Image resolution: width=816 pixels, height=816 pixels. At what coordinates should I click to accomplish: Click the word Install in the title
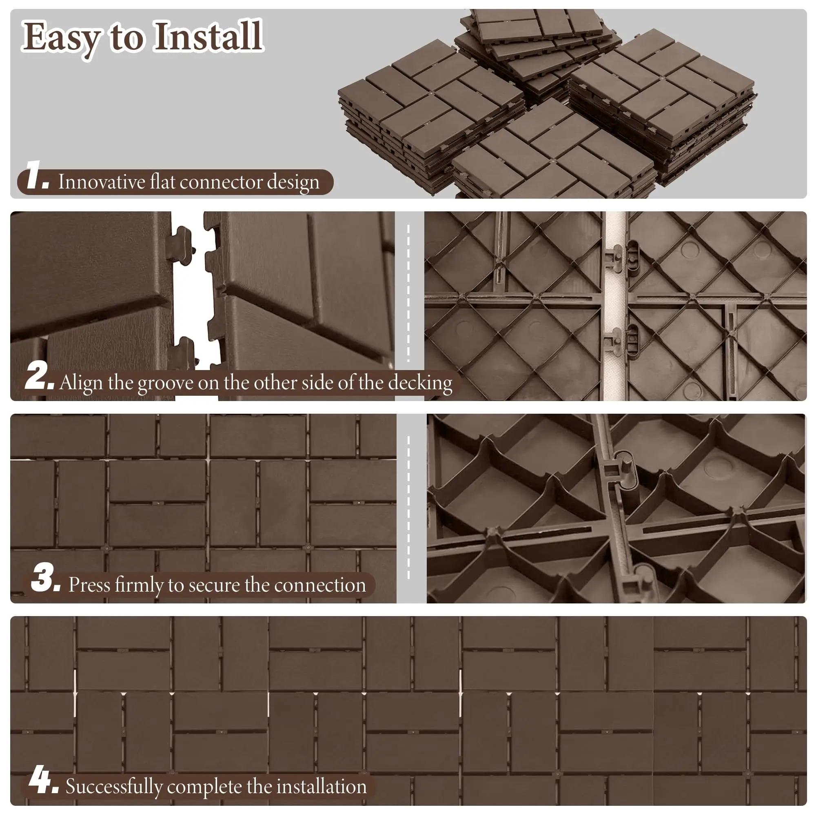[x=208, y=37]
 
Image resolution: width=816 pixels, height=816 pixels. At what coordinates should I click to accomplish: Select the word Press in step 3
[x=89, y=585]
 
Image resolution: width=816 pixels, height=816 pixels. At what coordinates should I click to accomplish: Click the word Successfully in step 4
[x=113, y=787]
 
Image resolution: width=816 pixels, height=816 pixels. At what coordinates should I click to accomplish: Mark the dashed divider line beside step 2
[x=408, y=293]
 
